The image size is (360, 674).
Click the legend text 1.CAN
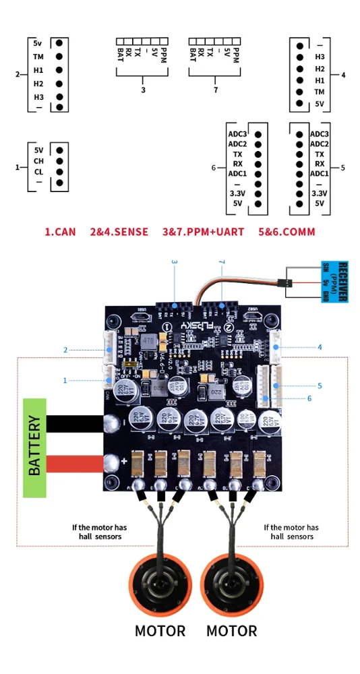pyautogui.click(x=59, y=232)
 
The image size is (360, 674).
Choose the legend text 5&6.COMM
pyautogui.click(x=287, y=232)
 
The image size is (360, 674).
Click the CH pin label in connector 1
pyautogui.click(x=38, y=160)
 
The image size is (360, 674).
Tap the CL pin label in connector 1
pyautogui.click(x=38, y=171)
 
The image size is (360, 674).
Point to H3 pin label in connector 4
pyautogui.click(x=320, y=57)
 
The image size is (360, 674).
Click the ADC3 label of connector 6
pyautogui.click(x=237, y=133)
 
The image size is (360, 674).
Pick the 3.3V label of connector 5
pyautogui.click(x=319, y=193)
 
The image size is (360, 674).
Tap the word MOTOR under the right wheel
pyautogui.click(x=231, y=632)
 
